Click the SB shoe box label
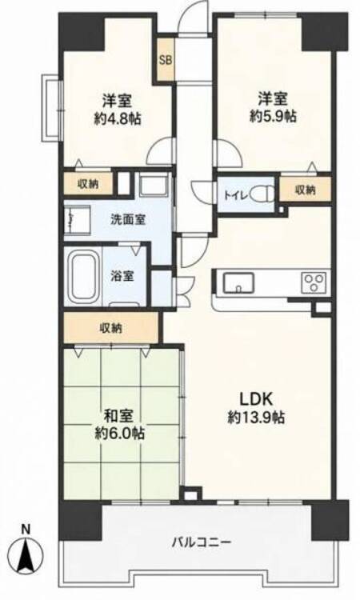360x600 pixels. tap(166, 60)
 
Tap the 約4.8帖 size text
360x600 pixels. tap(118, 118)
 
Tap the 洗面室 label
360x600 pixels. tap(128, 220)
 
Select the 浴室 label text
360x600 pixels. tap(122, 275)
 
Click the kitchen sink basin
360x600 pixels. tap(238, 282)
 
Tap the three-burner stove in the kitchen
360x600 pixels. tap(314, 282)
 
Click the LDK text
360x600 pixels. tap(256, 399)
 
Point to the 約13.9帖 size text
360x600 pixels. tap(256, 417)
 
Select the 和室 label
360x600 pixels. tap(118, 415)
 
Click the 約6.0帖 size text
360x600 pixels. tap(119, 434)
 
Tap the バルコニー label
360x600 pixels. tap(202, 542)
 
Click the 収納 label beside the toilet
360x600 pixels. tap(306, 190)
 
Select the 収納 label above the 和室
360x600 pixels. tap(111, 328)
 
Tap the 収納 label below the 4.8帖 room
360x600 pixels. tap(88, 184)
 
